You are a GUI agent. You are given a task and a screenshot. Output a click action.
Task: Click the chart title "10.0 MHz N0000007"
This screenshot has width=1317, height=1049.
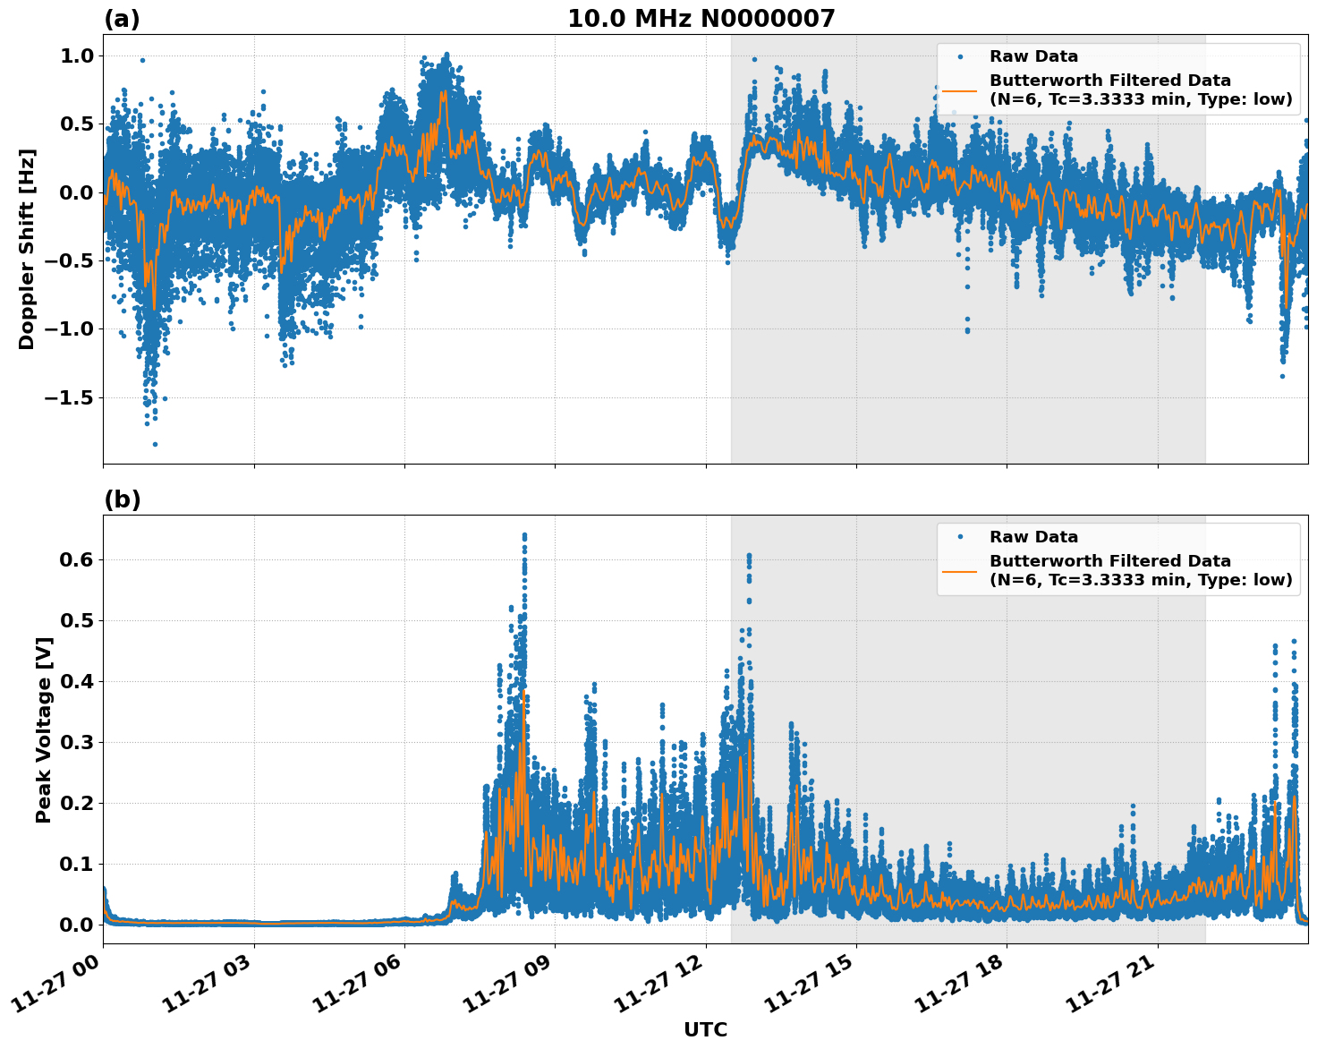[701, 19]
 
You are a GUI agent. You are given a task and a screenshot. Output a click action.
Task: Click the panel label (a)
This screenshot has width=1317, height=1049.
[122, 19]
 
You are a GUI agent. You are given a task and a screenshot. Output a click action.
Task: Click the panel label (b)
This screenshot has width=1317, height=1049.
[122, 499]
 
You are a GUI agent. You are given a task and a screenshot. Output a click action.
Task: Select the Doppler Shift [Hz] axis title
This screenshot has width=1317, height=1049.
[27, 249]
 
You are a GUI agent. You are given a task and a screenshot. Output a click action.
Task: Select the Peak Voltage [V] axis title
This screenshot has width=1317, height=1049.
[44, 729]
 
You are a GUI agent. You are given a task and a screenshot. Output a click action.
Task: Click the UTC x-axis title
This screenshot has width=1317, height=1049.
[705, 1029]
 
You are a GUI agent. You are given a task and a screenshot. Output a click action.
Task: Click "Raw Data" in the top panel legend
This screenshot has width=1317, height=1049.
[1033, 56]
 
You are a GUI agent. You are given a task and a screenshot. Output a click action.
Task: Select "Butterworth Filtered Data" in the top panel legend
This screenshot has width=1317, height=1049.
[1109, 81]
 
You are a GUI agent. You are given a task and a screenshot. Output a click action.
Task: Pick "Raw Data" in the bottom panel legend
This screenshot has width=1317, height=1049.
[1033, 537]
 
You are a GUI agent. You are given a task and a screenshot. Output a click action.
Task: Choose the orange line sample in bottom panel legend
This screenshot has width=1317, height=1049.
[959, 570]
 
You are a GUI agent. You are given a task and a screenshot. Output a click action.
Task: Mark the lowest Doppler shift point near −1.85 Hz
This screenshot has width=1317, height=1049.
[155, 444]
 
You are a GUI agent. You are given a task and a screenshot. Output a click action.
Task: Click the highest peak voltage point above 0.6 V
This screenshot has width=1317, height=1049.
[524, 535]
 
